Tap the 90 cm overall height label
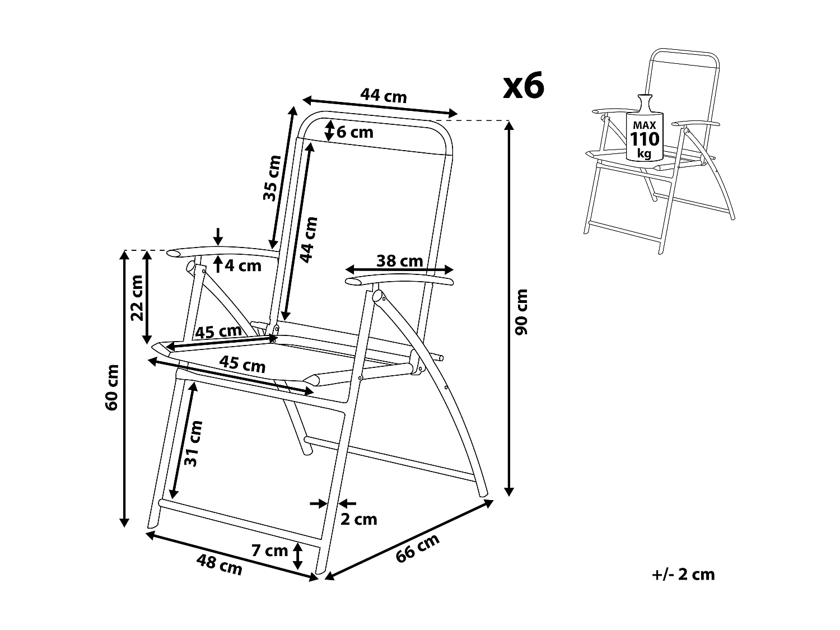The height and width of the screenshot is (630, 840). click(521, 311)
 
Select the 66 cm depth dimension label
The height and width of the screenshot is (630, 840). click(418, 548)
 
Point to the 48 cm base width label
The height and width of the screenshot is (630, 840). click(219, 564)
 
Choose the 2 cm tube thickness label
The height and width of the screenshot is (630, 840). click(359, 519)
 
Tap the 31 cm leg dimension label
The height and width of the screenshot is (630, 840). click(192, 443)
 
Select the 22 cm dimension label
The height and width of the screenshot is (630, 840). click(137, 297)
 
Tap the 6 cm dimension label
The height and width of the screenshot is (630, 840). click(354, 132)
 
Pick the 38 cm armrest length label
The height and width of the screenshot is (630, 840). click(399, 260)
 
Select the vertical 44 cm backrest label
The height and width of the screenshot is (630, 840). click(308, 239)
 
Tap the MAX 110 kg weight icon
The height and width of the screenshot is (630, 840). click(645, 133)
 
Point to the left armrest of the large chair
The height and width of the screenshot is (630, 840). click(224, 252)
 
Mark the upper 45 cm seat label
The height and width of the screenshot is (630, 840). click(218, 332)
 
